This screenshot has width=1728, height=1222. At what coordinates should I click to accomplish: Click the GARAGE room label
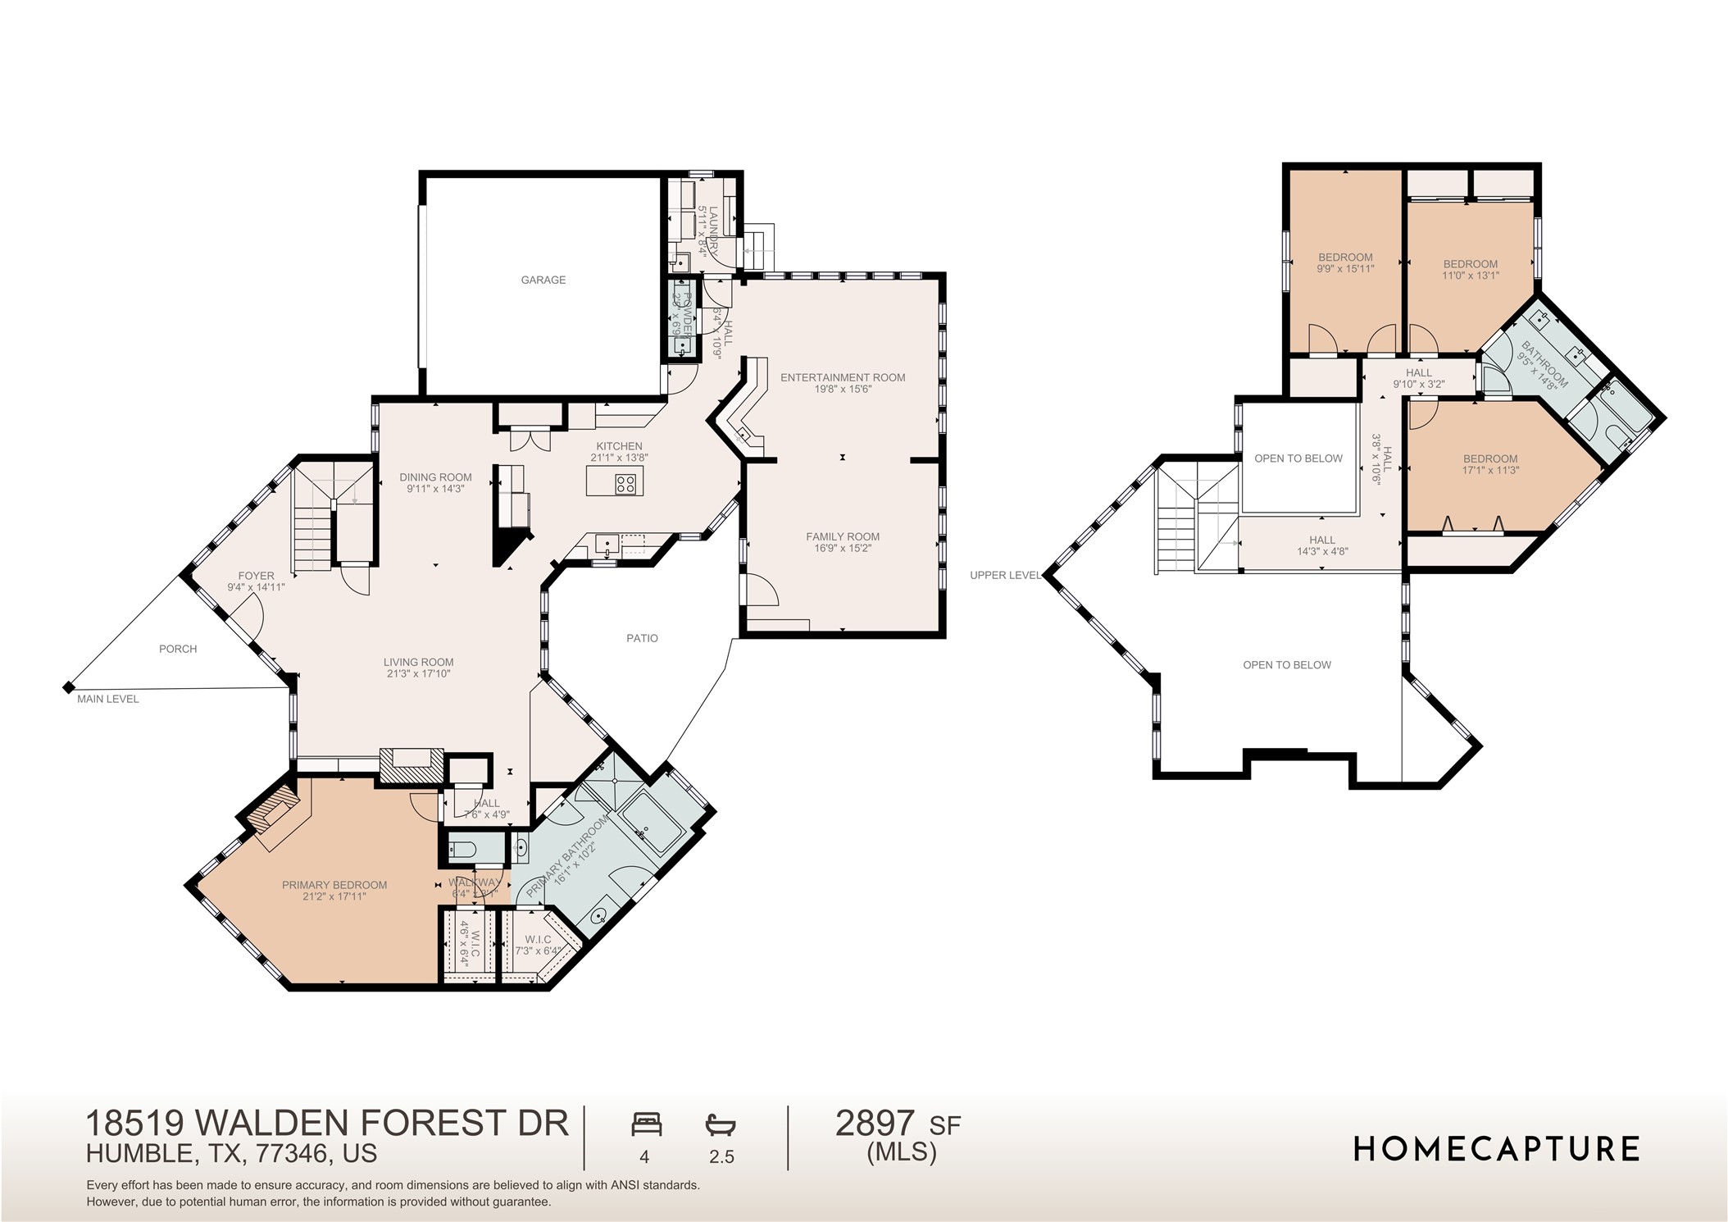[543, 280]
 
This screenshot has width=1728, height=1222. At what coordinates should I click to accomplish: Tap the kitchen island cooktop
[625, 483]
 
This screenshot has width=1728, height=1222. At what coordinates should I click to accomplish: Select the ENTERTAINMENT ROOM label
[842, 377]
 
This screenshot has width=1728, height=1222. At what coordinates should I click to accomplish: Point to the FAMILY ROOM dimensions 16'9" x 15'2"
[842, 548]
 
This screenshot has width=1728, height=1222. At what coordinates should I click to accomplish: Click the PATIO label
[642, 638]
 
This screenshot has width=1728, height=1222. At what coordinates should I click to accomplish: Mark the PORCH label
[178, 649]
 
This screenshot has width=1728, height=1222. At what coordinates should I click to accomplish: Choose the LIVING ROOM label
[418, 662]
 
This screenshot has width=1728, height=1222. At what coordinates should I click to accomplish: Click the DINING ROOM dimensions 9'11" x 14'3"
[435, 489]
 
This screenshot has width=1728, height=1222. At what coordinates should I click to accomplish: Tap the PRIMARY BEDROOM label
[334, 885]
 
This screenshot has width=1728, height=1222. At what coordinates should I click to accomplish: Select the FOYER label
[256, 576]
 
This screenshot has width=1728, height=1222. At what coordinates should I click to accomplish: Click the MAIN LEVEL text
[107, 699]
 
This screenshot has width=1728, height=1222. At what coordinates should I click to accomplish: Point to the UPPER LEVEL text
[1004, 575]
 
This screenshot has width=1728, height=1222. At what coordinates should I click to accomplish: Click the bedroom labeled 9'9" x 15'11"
[1345, 262]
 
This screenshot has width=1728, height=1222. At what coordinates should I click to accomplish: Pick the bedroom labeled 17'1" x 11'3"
[1489, 464]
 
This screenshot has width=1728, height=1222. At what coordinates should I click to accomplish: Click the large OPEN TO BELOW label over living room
[1286, 665]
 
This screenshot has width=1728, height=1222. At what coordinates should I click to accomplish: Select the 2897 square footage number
[875, 1123]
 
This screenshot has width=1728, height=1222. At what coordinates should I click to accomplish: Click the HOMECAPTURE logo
[1496, 1149]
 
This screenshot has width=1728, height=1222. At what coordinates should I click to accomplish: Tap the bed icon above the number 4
[646, 1124]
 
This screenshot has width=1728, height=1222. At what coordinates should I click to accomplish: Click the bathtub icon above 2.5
[721, 1124]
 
